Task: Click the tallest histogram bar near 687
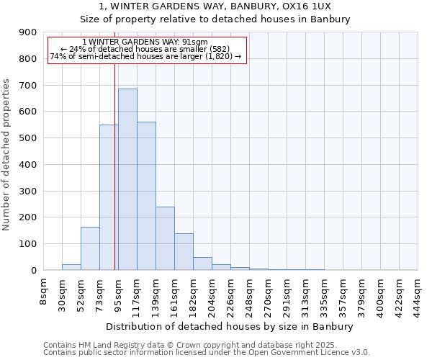[x=127, y=179]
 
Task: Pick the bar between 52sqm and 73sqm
[x=90, y=248]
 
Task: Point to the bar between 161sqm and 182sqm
[x=184, y=252]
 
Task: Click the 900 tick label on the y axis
[x=27, y=32]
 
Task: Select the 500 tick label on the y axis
[x=27, y=138]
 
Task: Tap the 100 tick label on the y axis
[x=27, y=244]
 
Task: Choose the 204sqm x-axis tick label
[x=212, y=293]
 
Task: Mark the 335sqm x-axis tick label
[x=324, y=293]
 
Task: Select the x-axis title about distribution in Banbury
[x=230, y=327]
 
